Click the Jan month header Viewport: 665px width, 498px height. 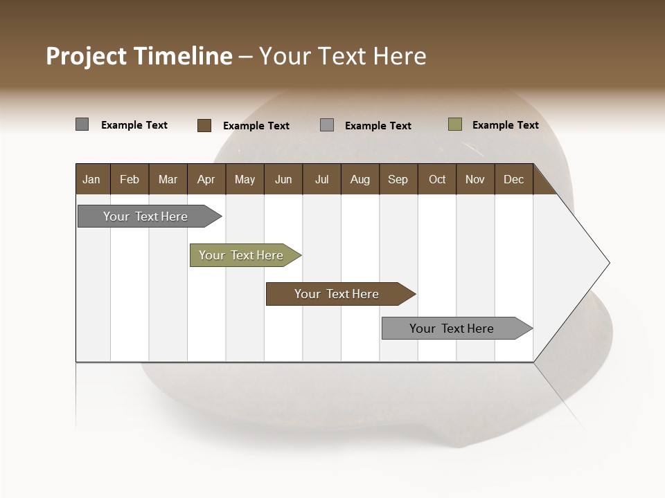point(91,179)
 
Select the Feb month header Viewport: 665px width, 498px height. point(130,179)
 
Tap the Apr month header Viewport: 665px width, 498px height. point(206,179)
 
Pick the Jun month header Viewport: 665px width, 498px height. point(283,179)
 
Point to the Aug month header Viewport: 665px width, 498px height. point(360,179)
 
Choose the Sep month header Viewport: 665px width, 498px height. point(398,179)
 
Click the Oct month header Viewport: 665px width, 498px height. point(436,179)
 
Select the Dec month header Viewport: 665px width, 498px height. point(513,179)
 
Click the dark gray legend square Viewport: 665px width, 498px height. point(82,124)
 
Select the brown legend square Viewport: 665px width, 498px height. point(204,125)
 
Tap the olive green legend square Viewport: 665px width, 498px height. point(455,124)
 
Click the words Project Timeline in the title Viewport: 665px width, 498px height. point(139,56)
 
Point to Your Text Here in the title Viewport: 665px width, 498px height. point(343,56)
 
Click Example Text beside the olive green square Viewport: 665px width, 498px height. point(505,125)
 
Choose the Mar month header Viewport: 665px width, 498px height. point(168,179)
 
